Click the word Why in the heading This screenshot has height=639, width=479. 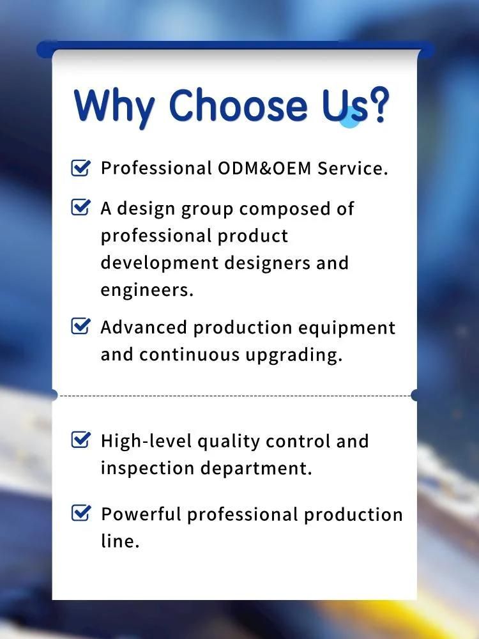point(114,107)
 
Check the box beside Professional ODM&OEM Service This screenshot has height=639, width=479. point(80,167)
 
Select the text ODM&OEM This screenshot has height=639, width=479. point(265,168)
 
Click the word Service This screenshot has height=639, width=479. point(353,168)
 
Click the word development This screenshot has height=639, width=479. point(160,263)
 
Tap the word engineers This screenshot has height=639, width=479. point(147,290)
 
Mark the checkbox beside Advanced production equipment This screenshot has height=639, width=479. point(80,326)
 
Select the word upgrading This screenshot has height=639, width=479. point(293,355)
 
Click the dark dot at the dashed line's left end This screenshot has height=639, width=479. point(53,395)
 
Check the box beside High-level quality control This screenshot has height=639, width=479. point(80,440)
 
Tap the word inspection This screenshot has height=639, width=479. point(147,468)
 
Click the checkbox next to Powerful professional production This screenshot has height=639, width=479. point(80,512)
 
